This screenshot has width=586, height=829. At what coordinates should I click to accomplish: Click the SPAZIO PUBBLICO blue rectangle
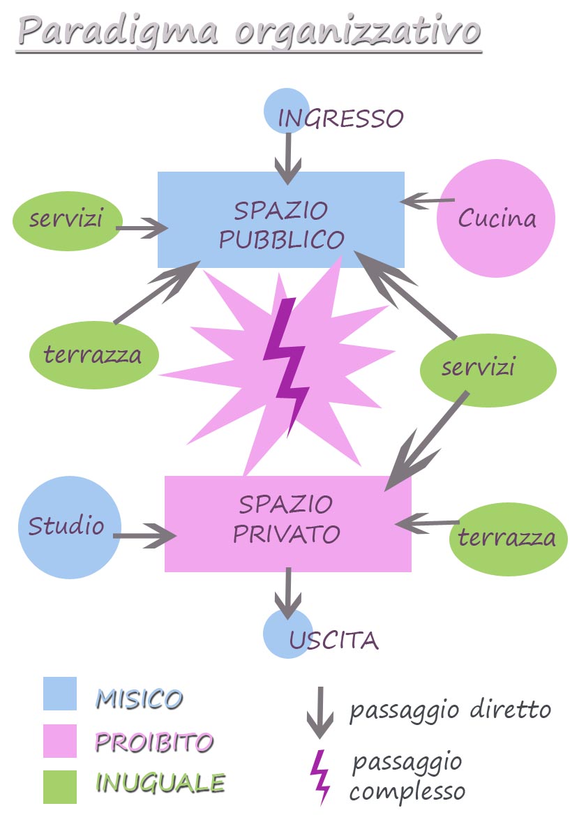[280, 220]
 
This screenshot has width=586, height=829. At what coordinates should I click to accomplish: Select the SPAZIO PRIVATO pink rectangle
[287, 523]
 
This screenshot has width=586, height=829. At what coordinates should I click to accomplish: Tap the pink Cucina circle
[496, 218]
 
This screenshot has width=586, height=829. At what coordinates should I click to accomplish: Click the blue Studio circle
[69, 527]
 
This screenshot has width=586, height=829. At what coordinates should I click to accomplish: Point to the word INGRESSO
[340, 119]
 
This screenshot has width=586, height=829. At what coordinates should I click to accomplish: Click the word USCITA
[334, 640]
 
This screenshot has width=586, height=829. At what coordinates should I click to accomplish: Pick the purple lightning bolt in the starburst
[286, 363]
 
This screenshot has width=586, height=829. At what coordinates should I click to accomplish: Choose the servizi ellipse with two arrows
[488, 368]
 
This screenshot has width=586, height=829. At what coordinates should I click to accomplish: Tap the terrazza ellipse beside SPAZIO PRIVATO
[507, 537]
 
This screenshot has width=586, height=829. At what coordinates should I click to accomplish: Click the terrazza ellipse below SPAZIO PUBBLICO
[93, 355]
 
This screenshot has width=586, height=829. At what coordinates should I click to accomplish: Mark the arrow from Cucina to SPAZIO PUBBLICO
[427, 201]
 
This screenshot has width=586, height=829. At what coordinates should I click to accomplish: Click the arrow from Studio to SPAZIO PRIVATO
[145, 536]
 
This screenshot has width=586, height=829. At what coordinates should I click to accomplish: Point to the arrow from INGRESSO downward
[287, 157]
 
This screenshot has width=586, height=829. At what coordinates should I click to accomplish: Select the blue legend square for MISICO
[60, 694]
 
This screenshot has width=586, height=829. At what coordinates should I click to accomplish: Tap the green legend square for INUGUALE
[60, 786]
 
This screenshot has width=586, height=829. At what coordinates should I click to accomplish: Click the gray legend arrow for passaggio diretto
[320, 712]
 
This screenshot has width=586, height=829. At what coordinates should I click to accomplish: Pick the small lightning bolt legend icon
[321, 776]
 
